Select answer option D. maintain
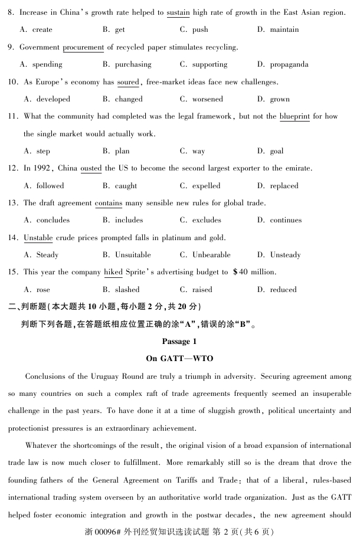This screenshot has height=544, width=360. pyautogui.click(x=278, y=30)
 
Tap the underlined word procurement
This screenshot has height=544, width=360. pyautogui.click(x=83, y=47)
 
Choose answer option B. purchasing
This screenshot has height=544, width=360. pyautogui.click(x=127, y=64)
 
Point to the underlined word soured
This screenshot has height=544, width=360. pyautogui.click(x=128, y=82)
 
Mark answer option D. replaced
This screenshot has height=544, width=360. pyautogui.click(x=278, y=186)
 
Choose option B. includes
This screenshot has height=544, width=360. pyautogui.click(x=123, y=220)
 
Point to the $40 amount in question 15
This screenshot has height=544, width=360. pyautogui.click(x=241, y=272)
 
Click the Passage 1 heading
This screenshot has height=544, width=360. pyautogui.click(x=179, y=342)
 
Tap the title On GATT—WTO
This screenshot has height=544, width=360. pyautogui.click(x=179, y=358)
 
